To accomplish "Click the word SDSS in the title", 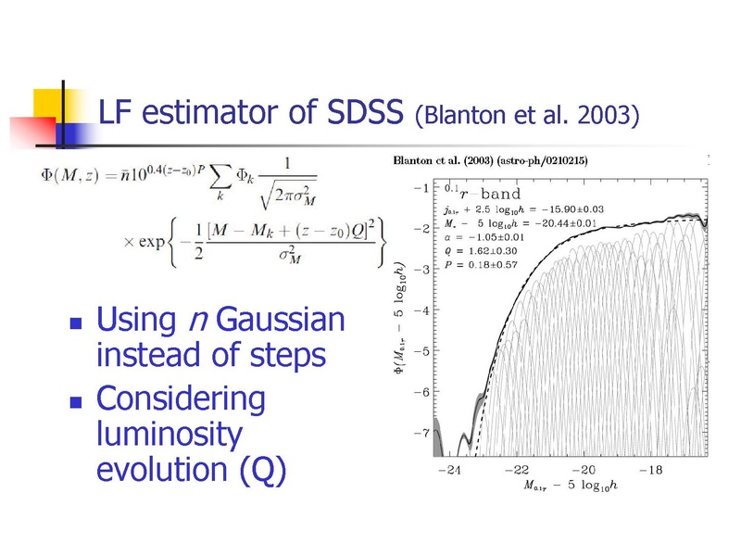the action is coord(365,111).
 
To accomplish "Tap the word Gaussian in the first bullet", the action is coord(281,320).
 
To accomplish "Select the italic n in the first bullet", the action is coord(198,321).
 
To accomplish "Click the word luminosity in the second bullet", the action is coord(170,435).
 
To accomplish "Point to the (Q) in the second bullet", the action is coord(263,470).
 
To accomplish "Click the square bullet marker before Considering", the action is coord(76,402).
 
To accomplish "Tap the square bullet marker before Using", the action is coord(76,322).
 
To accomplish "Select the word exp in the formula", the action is coord(152,242).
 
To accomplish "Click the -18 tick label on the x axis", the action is coord(651,470).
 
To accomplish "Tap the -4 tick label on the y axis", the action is coord(421,310).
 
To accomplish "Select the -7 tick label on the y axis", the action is coord(421,433).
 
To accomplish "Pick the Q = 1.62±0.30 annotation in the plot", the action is coord(481,251).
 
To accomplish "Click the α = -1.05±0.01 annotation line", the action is coord(484,237).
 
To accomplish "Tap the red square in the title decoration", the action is coord(33,132).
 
